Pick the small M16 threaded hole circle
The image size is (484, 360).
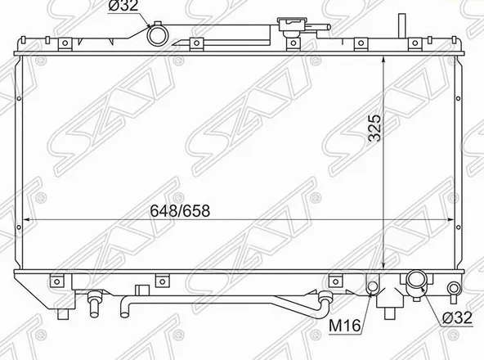pos(373,286)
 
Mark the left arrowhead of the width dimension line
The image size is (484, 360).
pos(25,220)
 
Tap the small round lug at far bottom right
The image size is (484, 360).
pos(455,287)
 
